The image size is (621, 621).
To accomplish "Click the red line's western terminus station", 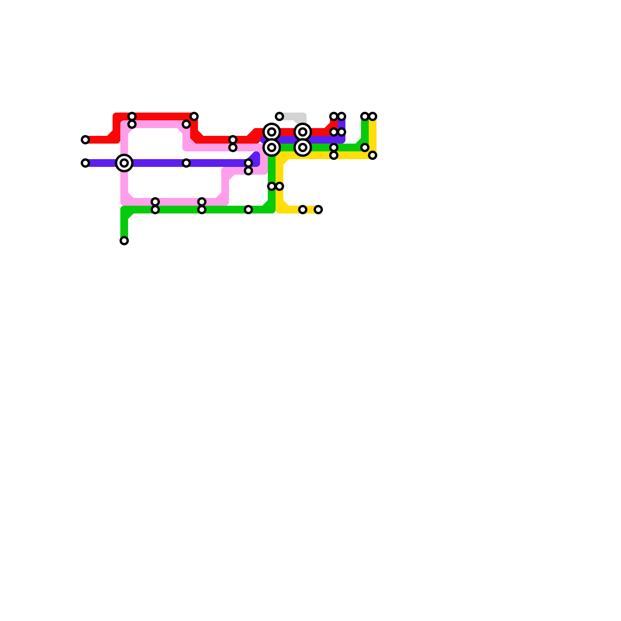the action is click(x=85, y=140).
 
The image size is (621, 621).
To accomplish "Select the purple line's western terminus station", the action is click(x=85, y=163).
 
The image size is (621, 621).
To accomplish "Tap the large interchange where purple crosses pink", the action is click(x=124, y=163).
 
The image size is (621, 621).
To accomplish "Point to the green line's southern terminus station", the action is click(x=124, y=241).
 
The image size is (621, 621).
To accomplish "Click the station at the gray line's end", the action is click(x=279, y=116).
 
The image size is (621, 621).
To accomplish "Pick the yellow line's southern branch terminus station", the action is click(x=318, y=210).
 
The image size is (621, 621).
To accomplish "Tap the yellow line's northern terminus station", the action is click(x=373, y=116).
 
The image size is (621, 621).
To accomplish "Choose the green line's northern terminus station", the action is click(x=365, y=116).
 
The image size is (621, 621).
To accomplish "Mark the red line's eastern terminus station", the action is click(x=334, y=116).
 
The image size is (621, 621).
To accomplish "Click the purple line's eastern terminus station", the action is click(x=342, y=116).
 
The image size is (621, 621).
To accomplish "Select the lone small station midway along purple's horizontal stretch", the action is click(x=186, y=163).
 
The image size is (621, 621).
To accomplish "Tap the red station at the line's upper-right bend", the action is click(x=194, y=116).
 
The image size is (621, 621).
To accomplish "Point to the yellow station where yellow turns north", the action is click(x=373, y=155).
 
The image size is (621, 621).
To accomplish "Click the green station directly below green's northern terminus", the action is click(x=365, y=147).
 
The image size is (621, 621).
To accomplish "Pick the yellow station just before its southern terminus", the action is click(x=303, y=210).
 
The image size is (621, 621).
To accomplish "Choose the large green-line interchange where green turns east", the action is click(x=272, y=147).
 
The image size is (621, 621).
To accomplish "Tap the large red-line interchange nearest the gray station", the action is click(x=272, y=132).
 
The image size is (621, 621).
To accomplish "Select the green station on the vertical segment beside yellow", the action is click(x=272, y=186).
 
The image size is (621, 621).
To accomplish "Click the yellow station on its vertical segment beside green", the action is click(x=279, y=186).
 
